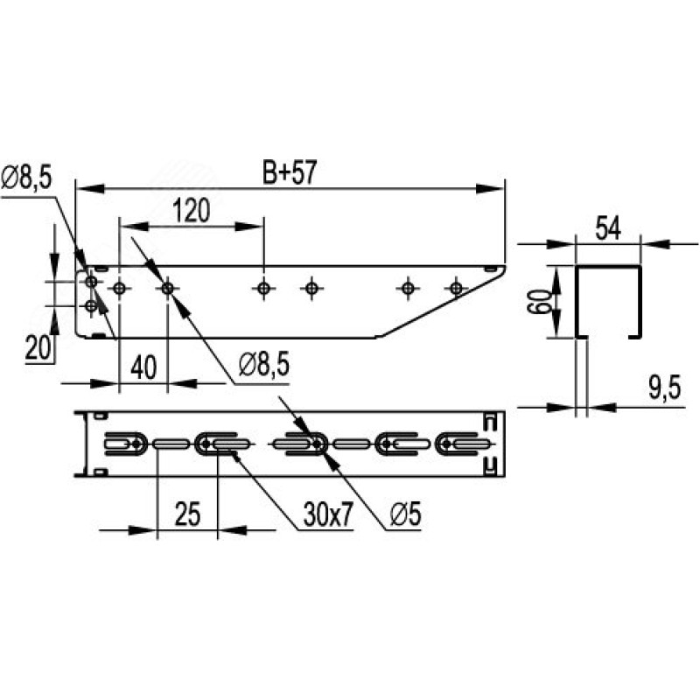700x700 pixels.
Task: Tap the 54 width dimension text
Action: tap(607, 229)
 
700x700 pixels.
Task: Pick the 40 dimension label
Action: tap(144, 367)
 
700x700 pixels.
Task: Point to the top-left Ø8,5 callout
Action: tap(26, 178)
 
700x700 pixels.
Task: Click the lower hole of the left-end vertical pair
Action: tap(91, 306)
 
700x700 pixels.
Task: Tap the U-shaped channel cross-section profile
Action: tap(608, 297)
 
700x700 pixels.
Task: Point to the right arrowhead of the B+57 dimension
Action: tap(497, 188)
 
